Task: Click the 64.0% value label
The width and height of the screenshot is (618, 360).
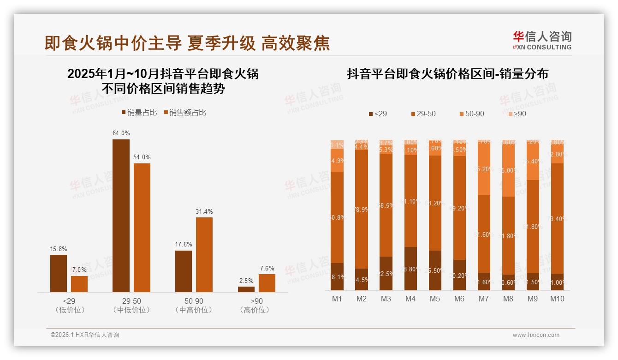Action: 121,133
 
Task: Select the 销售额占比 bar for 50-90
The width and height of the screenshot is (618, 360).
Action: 204,254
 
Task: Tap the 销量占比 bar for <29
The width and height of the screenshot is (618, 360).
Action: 59,273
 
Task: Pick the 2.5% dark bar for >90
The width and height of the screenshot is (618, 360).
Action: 246,289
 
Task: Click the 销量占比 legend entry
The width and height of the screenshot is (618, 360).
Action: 139,113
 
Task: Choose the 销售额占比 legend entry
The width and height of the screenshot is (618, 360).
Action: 185,113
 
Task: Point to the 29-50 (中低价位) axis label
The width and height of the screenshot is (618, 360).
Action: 131,306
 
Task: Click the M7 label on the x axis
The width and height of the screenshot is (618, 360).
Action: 483,299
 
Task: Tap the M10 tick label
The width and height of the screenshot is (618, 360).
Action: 557,299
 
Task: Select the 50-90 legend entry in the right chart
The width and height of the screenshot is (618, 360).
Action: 472,114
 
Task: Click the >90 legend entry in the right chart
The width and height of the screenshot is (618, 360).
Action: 517,114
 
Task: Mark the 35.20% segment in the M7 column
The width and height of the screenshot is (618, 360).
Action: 484,169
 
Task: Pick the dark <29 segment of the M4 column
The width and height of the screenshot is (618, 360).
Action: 410,269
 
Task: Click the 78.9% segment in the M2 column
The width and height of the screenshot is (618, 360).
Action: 362,210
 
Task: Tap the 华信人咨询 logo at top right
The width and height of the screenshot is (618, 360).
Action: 542,41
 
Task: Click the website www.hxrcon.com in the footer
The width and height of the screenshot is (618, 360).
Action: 536,335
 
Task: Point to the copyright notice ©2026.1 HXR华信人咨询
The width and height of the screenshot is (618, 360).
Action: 85,335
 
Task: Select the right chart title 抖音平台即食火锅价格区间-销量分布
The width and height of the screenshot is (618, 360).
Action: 447,74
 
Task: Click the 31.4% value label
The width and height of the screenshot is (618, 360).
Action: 204,211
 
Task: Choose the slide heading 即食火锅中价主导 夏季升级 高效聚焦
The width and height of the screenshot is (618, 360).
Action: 187,43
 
